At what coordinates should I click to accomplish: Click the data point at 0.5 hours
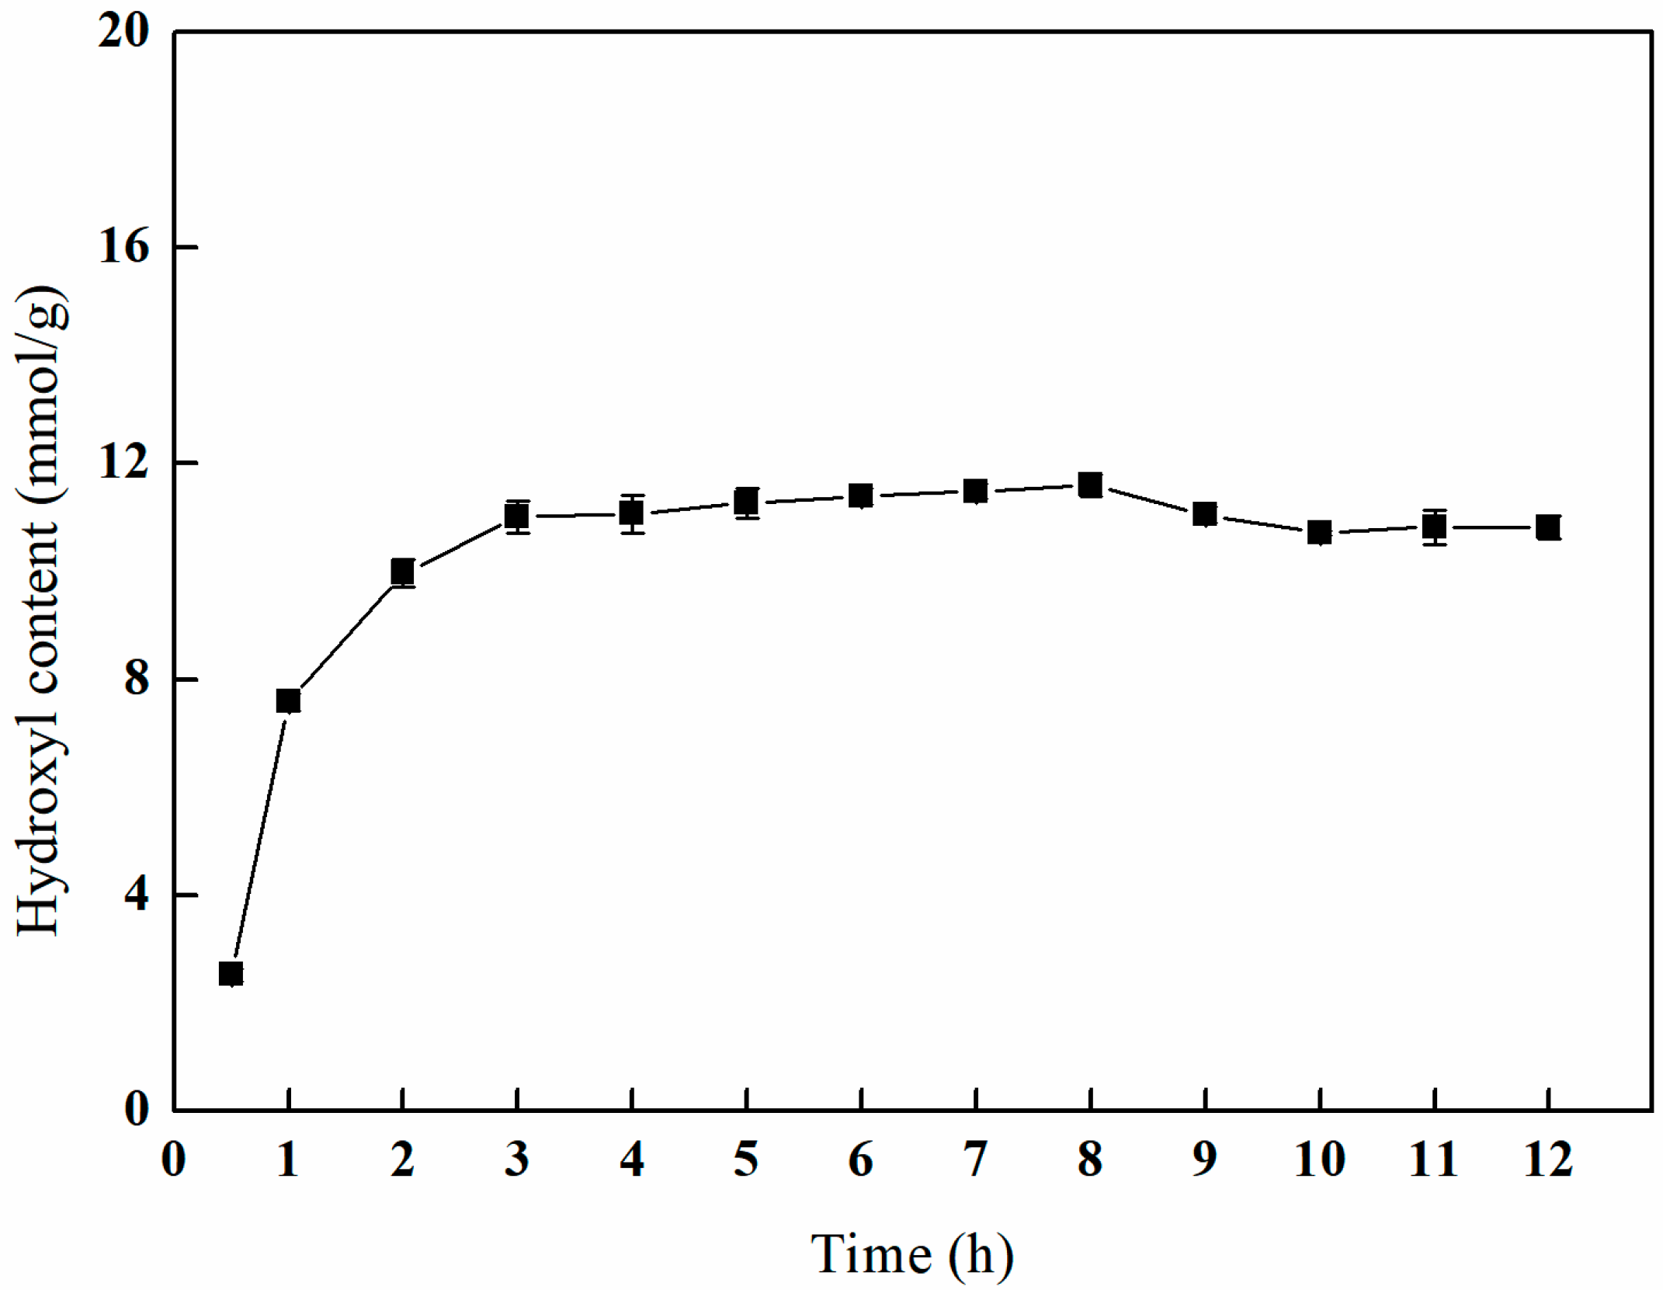click(231, 973)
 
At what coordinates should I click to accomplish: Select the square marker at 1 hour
click(288, 701)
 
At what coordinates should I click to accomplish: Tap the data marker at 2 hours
click(402, 572)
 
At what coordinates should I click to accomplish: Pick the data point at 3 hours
click(517, 516)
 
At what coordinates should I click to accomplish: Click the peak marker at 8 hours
click(1090, 485)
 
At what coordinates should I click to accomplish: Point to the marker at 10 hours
click(1319, 533)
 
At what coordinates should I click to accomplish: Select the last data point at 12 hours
click(1548, 528)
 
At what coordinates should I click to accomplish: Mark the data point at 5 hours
click(746, 502)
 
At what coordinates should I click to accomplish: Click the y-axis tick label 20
click(123, 33)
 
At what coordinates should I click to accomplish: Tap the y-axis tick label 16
click(123, 248)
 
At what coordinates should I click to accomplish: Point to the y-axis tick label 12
click(123, 463)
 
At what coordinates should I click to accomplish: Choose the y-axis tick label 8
click(136, 679)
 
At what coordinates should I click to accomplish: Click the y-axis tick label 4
click(136, 895)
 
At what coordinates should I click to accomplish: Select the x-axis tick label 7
click(975, 1160)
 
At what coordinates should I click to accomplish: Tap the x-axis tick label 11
click(1433, 1160)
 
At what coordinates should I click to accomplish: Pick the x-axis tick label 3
click(517, 1160)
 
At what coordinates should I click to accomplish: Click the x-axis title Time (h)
click(912, 1254)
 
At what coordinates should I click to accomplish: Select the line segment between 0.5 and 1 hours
click(259, 837)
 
